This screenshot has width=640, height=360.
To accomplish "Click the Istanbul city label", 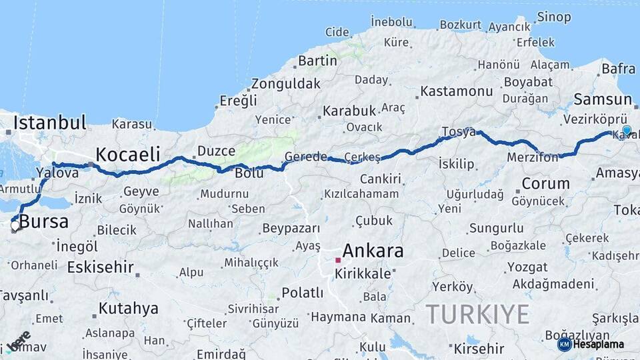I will [x=49, y=123].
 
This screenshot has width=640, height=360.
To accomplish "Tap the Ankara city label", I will [x=373, y=251].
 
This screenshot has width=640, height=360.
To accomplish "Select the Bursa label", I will [x=44, y=222].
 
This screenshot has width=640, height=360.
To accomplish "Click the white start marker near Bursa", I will [x=15, y=226].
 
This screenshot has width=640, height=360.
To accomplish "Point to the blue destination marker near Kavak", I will [x=627, y=131].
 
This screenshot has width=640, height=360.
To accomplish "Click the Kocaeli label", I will [x=127, y=155].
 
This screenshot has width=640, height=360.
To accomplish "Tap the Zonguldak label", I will [x=286, y=85].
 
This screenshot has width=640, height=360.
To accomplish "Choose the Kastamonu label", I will [x=457, y=91].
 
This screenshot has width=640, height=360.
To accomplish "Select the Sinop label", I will [x=554, y=17].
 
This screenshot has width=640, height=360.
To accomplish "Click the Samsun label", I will [x=597, y=100].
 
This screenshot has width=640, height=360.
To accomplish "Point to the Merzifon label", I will [x=532, y=157].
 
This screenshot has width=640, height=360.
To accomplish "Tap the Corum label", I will [x=545, y=183].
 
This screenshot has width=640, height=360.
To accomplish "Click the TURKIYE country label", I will [x=477, y=314].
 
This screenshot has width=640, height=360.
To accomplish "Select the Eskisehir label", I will [x=100, y=267].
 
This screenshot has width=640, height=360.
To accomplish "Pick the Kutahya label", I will [x=128, y=309].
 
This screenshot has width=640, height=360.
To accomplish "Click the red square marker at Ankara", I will [x=338, y=260].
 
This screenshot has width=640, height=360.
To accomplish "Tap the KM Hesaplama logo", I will [x=591, y=344].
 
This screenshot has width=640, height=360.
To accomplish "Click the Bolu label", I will [x=249, y=173].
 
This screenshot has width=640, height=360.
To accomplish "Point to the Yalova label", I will [x=57, y=173].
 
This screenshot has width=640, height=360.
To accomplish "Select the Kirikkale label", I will [x=363, y=274].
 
